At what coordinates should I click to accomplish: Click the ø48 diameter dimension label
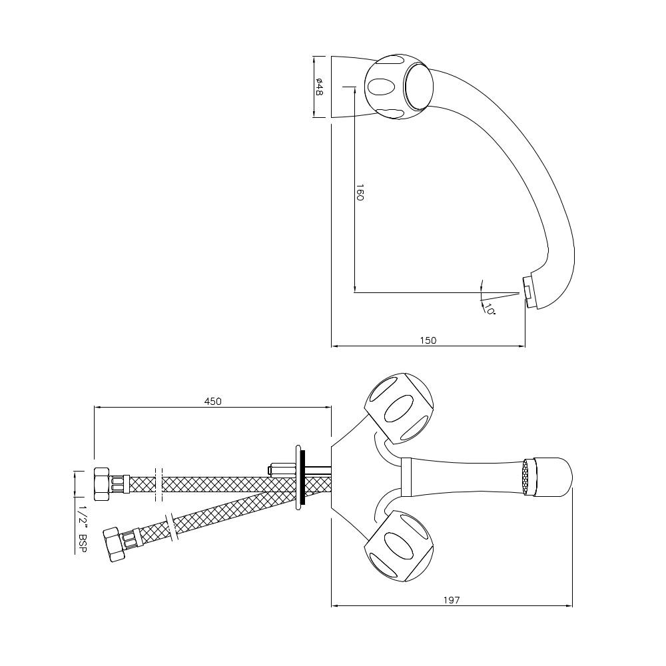tap(320, 87)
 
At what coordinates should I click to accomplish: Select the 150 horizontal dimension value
tap(428, 340)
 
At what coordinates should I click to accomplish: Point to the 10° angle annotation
tap(489, 310)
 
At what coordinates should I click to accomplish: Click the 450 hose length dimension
tap(212, 401)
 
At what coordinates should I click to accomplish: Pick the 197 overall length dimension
tap(452, 600)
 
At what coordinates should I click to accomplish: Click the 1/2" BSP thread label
tap(83, 529)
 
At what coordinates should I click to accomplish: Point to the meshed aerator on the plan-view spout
tap(530, 477)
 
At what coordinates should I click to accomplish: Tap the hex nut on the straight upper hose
tap(102, 484)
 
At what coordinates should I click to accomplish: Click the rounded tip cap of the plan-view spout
tap(555, 477)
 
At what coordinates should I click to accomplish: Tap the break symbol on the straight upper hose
tap(159, 484)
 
